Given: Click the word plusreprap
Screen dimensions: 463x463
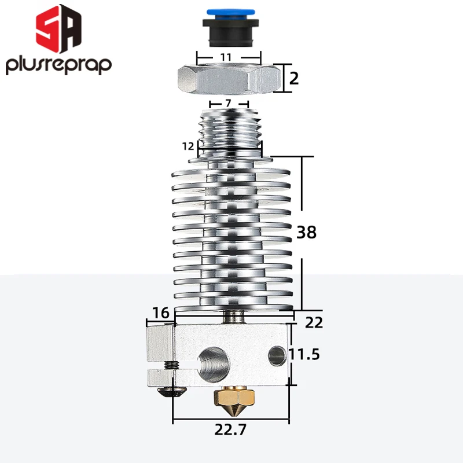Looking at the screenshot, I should coord(58,65).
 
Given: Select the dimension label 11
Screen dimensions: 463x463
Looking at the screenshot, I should coord(226,57).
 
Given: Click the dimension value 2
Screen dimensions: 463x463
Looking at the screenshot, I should coord(294,78).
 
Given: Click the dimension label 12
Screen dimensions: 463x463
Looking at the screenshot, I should coord(188,146).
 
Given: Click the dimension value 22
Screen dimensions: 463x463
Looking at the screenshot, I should coord(313,322).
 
